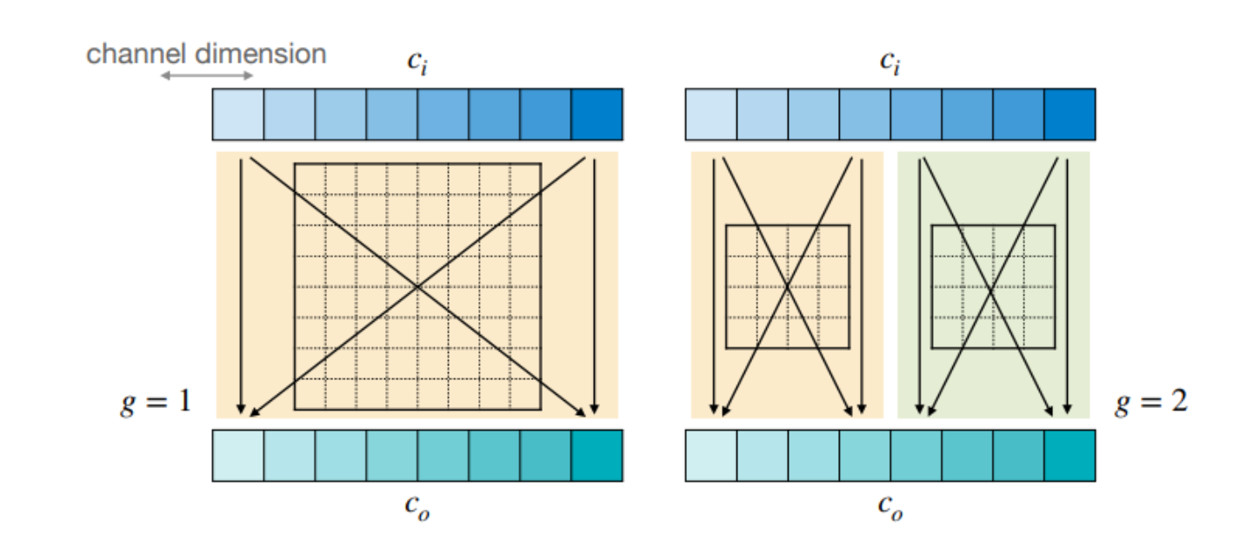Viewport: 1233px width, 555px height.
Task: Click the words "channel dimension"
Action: [x=206, y=54]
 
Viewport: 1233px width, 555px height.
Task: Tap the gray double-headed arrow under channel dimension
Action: [x=207, y=76]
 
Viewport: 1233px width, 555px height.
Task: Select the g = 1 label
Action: [x=155, y=402]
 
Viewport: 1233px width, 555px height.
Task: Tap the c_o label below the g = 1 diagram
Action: [x=418, y=506]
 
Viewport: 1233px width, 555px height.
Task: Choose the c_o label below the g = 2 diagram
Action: [x=890, y=506]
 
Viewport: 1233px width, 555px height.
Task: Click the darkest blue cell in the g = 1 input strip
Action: [x=597, y=114]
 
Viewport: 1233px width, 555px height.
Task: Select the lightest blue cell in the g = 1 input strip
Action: [x=238, y=114]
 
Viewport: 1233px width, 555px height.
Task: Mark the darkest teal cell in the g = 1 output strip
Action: [x=597, y=455]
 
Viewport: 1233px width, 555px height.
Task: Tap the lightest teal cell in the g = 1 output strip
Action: [x=238, y=455]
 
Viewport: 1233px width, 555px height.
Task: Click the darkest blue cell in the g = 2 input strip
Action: [x=1070, y=114]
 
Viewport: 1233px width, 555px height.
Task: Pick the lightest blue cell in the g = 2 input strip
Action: [x=711, y=114]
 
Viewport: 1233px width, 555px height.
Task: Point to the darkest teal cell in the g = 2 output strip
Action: [x=1070, y=455]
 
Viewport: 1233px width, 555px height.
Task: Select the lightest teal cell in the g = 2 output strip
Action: [x=711, y=455]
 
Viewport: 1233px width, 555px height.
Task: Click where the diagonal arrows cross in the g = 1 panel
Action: [x=418, y=286]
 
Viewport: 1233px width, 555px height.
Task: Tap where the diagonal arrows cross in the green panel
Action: [x=993, y=286]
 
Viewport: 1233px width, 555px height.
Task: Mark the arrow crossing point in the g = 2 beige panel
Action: [x=788, y=286]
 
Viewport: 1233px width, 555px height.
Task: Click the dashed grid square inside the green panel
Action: [x=993, y=286]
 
